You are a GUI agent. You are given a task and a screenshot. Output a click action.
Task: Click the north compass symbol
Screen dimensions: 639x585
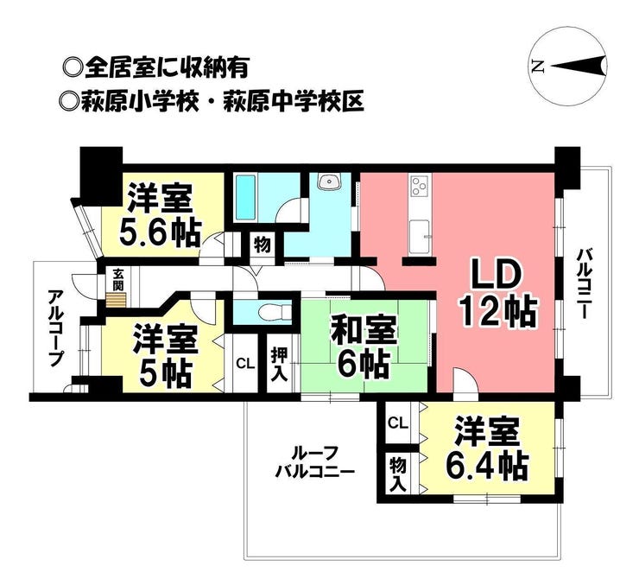[568, 66]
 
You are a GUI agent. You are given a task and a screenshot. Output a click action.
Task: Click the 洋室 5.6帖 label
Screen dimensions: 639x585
[160, 215]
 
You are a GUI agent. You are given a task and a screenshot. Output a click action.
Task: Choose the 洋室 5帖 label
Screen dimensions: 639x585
[166, 356]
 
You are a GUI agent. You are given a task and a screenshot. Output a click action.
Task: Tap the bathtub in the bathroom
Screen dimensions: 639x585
[246, 197]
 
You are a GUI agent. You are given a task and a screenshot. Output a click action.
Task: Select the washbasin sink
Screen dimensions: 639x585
[329, 181]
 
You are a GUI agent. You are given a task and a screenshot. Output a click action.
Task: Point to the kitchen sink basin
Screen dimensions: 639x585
[420, 237]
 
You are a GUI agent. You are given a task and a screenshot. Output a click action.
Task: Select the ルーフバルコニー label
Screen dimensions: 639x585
[314, 462]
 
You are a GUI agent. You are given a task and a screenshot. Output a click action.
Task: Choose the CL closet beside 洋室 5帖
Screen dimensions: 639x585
[246, 364]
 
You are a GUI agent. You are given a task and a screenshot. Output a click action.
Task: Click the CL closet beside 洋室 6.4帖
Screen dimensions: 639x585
[398, 423]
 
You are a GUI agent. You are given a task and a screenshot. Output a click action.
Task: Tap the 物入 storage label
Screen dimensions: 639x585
[398, 474]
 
